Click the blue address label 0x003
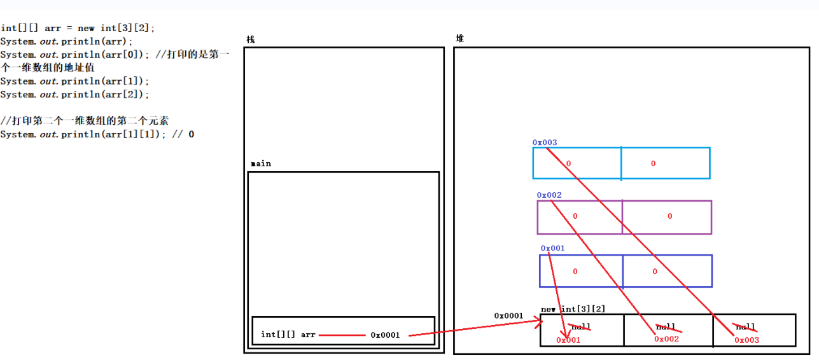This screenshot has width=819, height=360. pos(544,142)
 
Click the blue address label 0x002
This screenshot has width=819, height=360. pos(549,195)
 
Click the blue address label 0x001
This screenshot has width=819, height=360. pos(552,248)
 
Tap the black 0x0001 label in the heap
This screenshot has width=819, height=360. pos(508,315)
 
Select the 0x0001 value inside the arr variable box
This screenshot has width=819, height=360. pos(385,335)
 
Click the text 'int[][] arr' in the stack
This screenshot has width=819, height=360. pos(288,335)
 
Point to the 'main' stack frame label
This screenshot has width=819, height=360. pos(261,163)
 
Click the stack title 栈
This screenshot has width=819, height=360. pos(251,39)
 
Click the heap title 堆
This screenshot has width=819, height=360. pos(459,38)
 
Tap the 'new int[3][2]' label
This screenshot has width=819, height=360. pos(573,309)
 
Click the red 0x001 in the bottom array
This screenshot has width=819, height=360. pos(568,340)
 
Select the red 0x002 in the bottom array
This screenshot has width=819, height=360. pos(666,339)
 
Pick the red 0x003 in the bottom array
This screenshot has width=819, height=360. pos(746,340)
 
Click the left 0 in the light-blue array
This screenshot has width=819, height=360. pos(568,163)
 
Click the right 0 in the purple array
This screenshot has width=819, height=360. pos(669,216)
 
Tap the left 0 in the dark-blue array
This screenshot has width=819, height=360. pos(575,272)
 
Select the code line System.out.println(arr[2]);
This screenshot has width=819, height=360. pos(75,94)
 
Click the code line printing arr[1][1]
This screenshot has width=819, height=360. pos(97,134)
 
